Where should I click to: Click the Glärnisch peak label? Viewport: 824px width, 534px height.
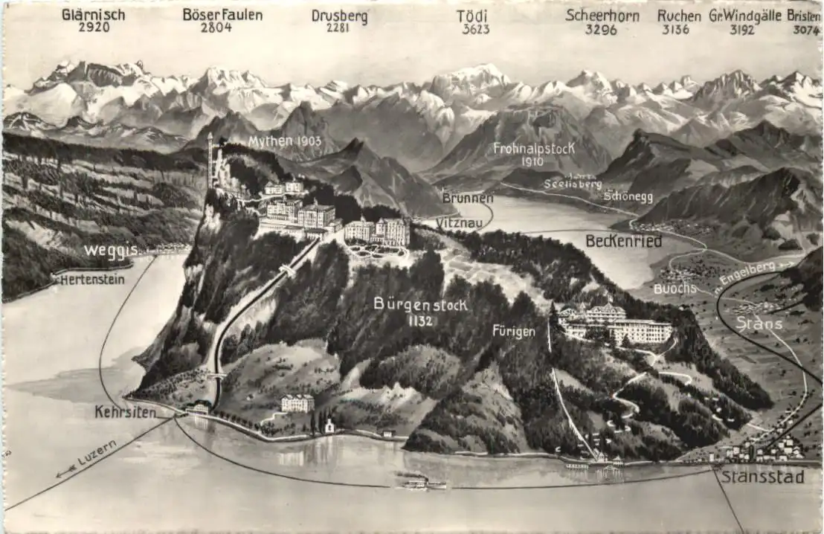pos(93,15)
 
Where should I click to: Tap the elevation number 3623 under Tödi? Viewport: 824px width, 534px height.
pos(476,29)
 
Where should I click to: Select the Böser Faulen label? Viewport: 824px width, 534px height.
pos(222,15)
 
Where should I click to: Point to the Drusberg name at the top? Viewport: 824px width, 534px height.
pos(339,16)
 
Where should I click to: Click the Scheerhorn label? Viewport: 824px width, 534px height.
pos(601,15)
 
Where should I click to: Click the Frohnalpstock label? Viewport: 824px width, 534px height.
pos(534,147)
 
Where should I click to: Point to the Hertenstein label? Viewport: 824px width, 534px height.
pos(91,280)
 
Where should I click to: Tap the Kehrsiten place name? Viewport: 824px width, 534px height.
pos(125,411)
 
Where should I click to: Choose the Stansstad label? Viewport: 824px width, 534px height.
pos(762,476)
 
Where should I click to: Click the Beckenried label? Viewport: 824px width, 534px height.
pos(623,240)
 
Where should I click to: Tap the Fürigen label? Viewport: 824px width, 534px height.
pos(513,332)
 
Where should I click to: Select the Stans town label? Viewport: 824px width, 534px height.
pos(759,323)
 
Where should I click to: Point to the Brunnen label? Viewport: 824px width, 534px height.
pos(467,198)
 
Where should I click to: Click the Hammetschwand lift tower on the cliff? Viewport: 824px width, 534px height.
pos(210,160)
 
